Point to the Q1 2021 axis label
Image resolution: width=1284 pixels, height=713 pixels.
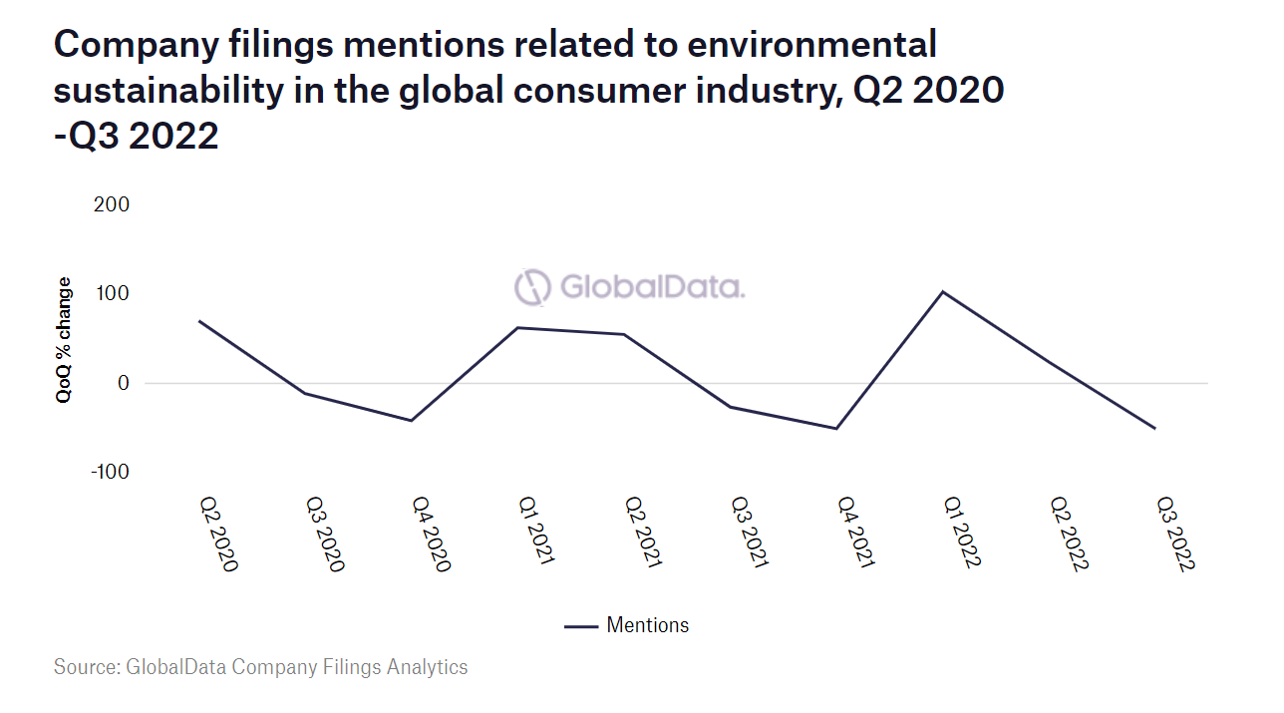point(535,534)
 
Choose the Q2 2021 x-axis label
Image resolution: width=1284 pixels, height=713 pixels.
point(642,534)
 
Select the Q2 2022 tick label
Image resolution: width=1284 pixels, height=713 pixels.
point(1069,535)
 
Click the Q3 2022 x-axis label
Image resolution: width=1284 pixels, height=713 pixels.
point(1175,535)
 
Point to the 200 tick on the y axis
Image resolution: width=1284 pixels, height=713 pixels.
point(112,205)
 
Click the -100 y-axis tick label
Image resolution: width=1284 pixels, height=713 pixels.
point(110,472)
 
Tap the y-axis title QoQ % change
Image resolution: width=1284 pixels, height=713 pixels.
point(65,339)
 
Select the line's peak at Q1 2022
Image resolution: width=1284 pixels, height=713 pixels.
point(942,292)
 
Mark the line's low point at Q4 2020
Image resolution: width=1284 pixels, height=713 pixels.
point(410,421)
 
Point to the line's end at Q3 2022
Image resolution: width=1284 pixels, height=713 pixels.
point(1154,429)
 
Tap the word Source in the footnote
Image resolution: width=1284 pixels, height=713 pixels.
point(84,667)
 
